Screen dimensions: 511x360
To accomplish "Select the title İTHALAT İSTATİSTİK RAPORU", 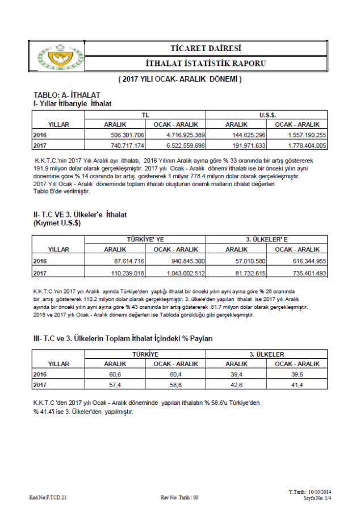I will click(206, 64).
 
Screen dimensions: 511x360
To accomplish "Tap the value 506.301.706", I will click(128, 135).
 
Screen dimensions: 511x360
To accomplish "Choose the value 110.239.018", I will click(128, 273).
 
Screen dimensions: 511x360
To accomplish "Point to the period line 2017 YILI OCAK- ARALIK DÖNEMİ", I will click(180, 79).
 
